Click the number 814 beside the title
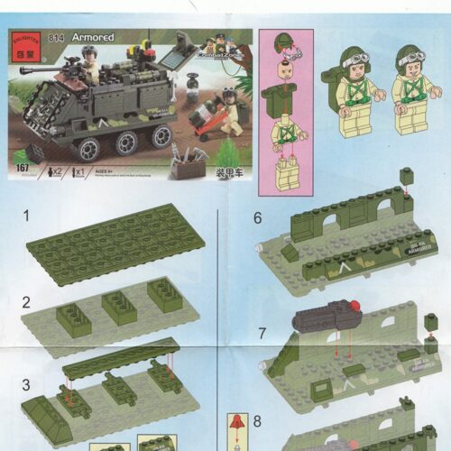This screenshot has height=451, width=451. click(x=58, y=37)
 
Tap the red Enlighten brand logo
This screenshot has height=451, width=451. click(x=23, y=42)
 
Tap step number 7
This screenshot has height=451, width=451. click(x=261, y=333)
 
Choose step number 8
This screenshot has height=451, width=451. click(x=257, y=420)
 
